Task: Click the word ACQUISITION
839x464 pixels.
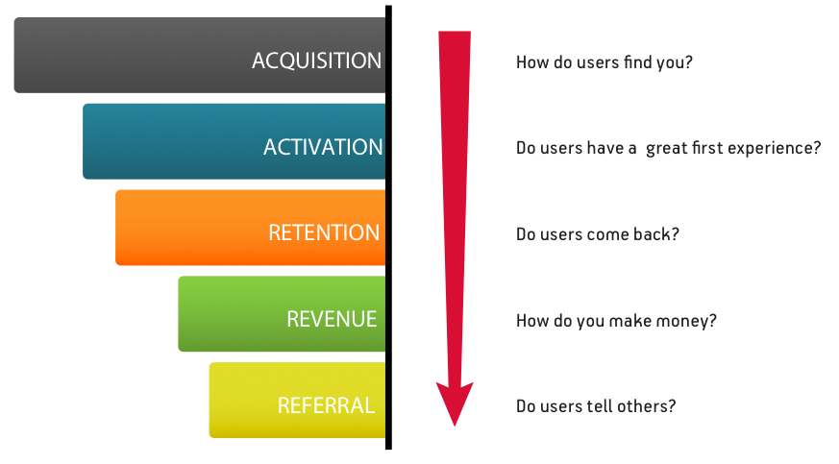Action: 316,61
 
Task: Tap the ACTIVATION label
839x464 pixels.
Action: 323,147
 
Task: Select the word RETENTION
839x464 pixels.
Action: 324,232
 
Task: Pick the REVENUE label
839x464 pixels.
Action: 333,319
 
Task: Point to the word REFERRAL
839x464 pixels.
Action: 326,405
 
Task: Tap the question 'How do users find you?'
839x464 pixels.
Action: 605,62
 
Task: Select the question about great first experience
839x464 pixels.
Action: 668,149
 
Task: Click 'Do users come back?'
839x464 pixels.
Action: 598,234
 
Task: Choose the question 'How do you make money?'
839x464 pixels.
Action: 616,321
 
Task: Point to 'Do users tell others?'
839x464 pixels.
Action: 596,406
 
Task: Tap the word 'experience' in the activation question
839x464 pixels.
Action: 777,150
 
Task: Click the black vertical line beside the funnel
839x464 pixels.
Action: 388,231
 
